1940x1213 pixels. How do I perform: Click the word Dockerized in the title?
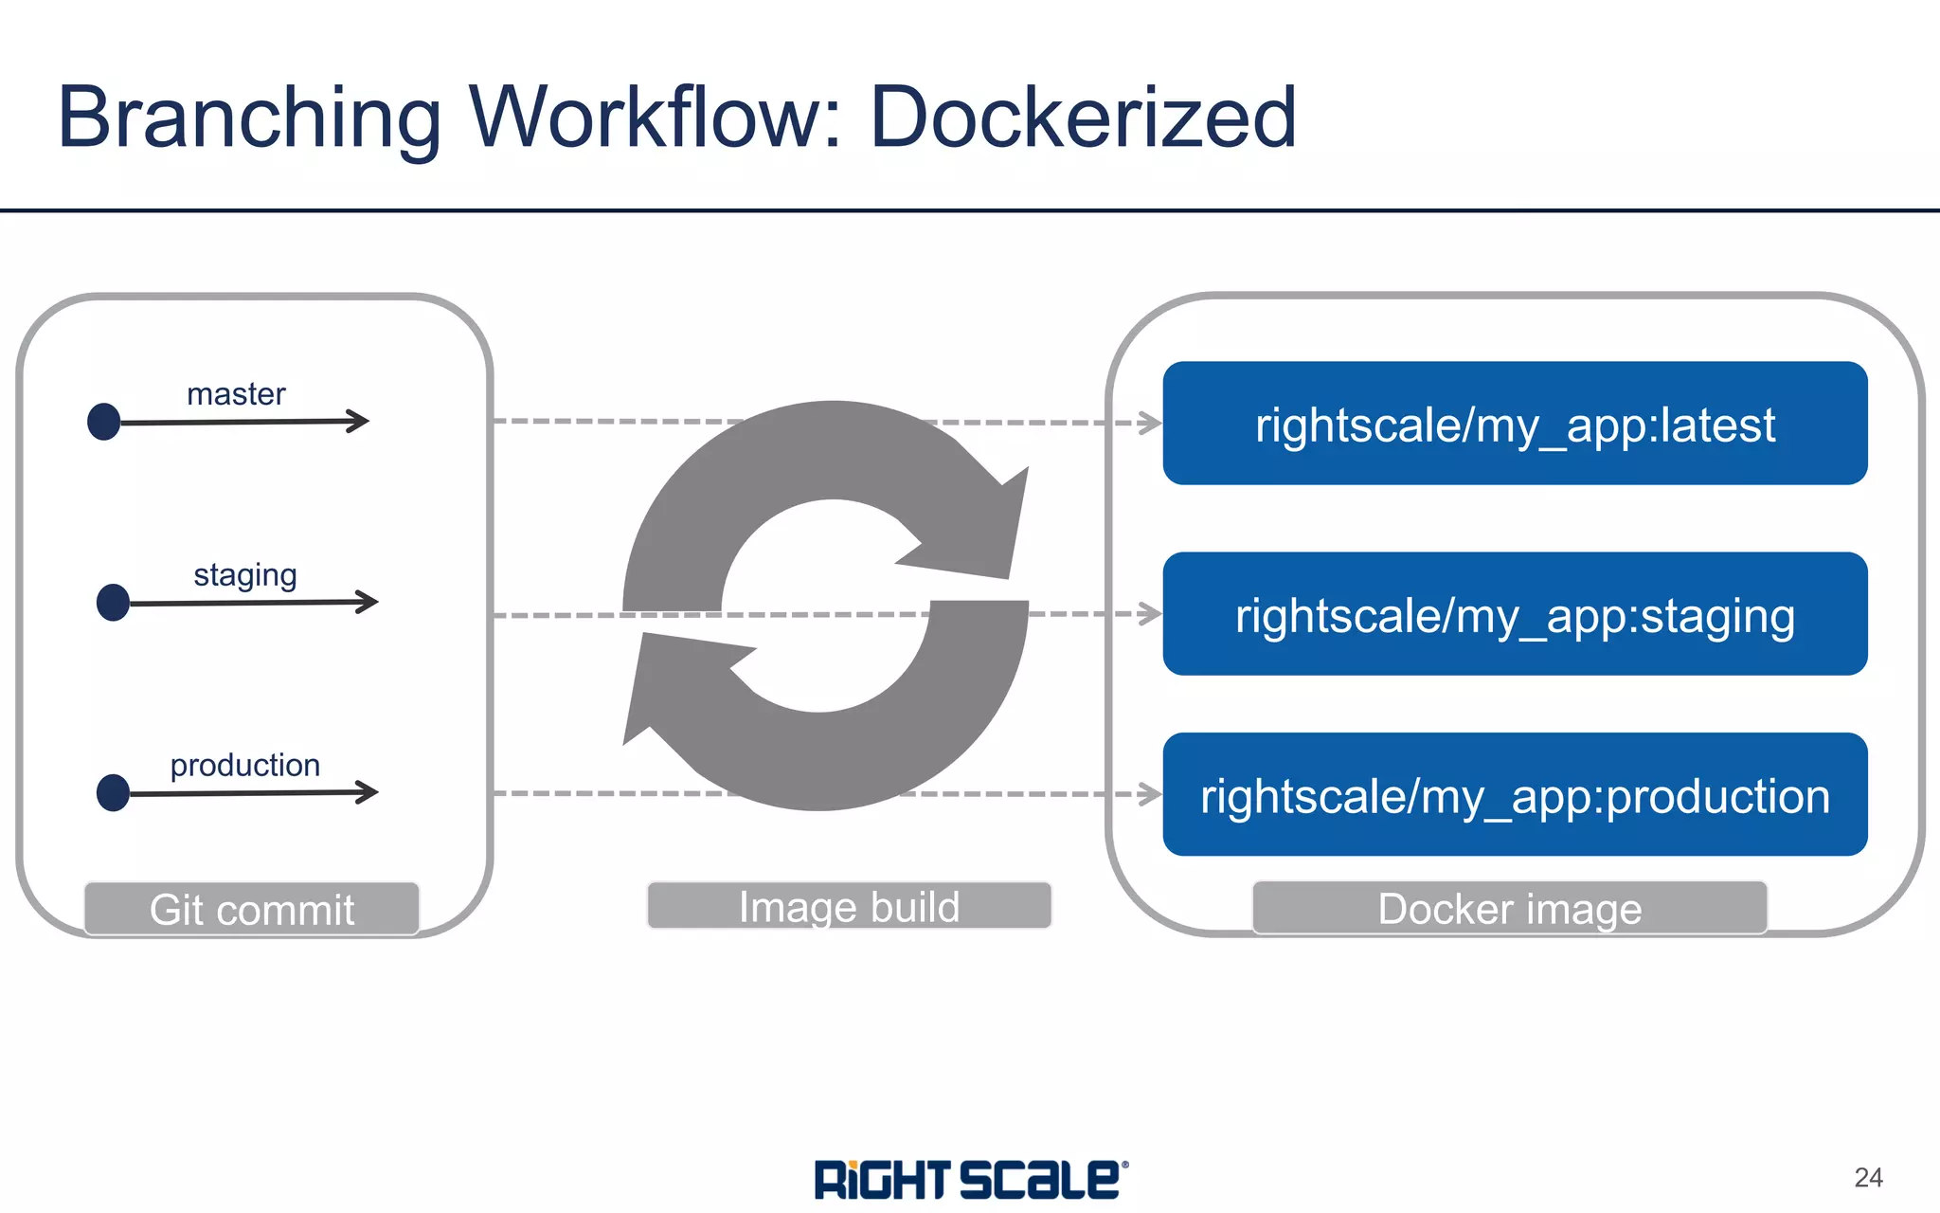coord(1082,118)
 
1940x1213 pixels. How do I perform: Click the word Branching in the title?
coord(249,118)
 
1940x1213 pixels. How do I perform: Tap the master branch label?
coord(236,394)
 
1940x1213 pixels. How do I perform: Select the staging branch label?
coord(244,575)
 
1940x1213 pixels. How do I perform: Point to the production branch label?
coord(244,765)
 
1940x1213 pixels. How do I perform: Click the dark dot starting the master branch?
coord(104,422)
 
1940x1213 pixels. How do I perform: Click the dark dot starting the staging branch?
coord(114,603)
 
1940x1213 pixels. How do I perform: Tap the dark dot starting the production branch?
coord(114,793)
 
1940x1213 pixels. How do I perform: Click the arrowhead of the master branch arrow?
coord(359,421)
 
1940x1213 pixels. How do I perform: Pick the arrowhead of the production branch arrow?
coord(368,791)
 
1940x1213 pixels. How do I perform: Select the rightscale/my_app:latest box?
coord(1515,424)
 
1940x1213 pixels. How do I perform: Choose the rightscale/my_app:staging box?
coord(1515,614)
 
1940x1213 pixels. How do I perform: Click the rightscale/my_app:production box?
coord(1515,795)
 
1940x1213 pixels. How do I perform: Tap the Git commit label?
coord(252,910)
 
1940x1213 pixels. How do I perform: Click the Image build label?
coord(849,907)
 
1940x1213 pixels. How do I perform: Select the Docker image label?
coord(1509,909)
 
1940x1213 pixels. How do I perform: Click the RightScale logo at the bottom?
coord(970,1180)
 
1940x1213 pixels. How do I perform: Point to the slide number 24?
coord(1868,1178)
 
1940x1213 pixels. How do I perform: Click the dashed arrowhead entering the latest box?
coord(1150,423)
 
